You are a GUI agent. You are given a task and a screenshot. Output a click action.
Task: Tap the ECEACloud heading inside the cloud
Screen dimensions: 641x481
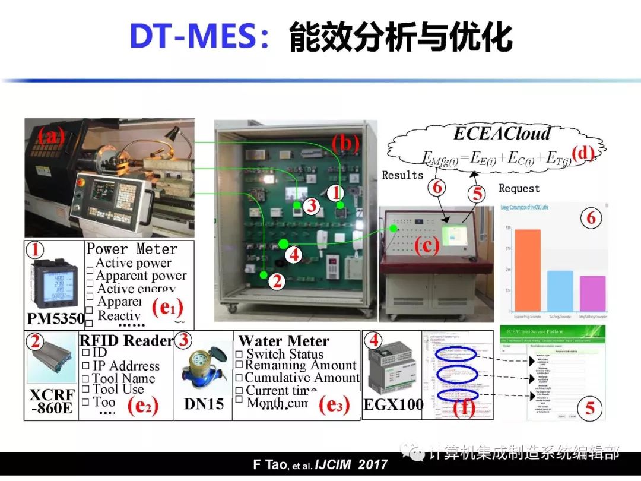click(x=502, y=133)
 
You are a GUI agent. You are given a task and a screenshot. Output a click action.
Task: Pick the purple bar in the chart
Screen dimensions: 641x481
click(x=588, y=293)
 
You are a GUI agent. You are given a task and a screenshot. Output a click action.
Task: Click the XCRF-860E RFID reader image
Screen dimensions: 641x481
click(x=50, y=362)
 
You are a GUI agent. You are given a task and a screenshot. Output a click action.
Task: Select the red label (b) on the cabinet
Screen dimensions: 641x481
click(x=346, y=143)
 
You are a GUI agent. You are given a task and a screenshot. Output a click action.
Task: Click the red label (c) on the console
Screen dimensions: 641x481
click(x=426, y=245)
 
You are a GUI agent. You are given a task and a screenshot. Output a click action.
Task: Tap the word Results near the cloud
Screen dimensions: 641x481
click(x=402, y=175)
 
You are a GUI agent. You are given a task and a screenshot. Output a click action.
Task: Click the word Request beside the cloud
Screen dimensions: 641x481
click(x=519, y=188)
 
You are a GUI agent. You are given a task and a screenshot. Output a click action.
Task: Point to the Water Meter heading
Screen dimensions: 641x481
click(x=283, y=341)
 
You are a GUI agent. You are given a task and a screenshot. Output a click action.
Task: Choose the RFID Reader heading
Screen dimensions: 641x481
click(x=126, y=340)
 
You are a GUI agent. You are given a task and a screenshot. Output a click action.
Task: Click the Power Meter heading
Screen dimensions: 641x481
click(x=132, y=249)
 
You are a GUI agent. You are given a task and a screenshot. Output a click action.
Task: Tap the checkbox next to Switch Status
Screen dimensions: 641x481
click(x=239, y=355)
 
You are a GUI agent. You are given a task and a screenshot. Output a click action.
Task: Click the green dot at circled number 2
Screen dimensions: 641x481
click(x=262, y=274)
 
